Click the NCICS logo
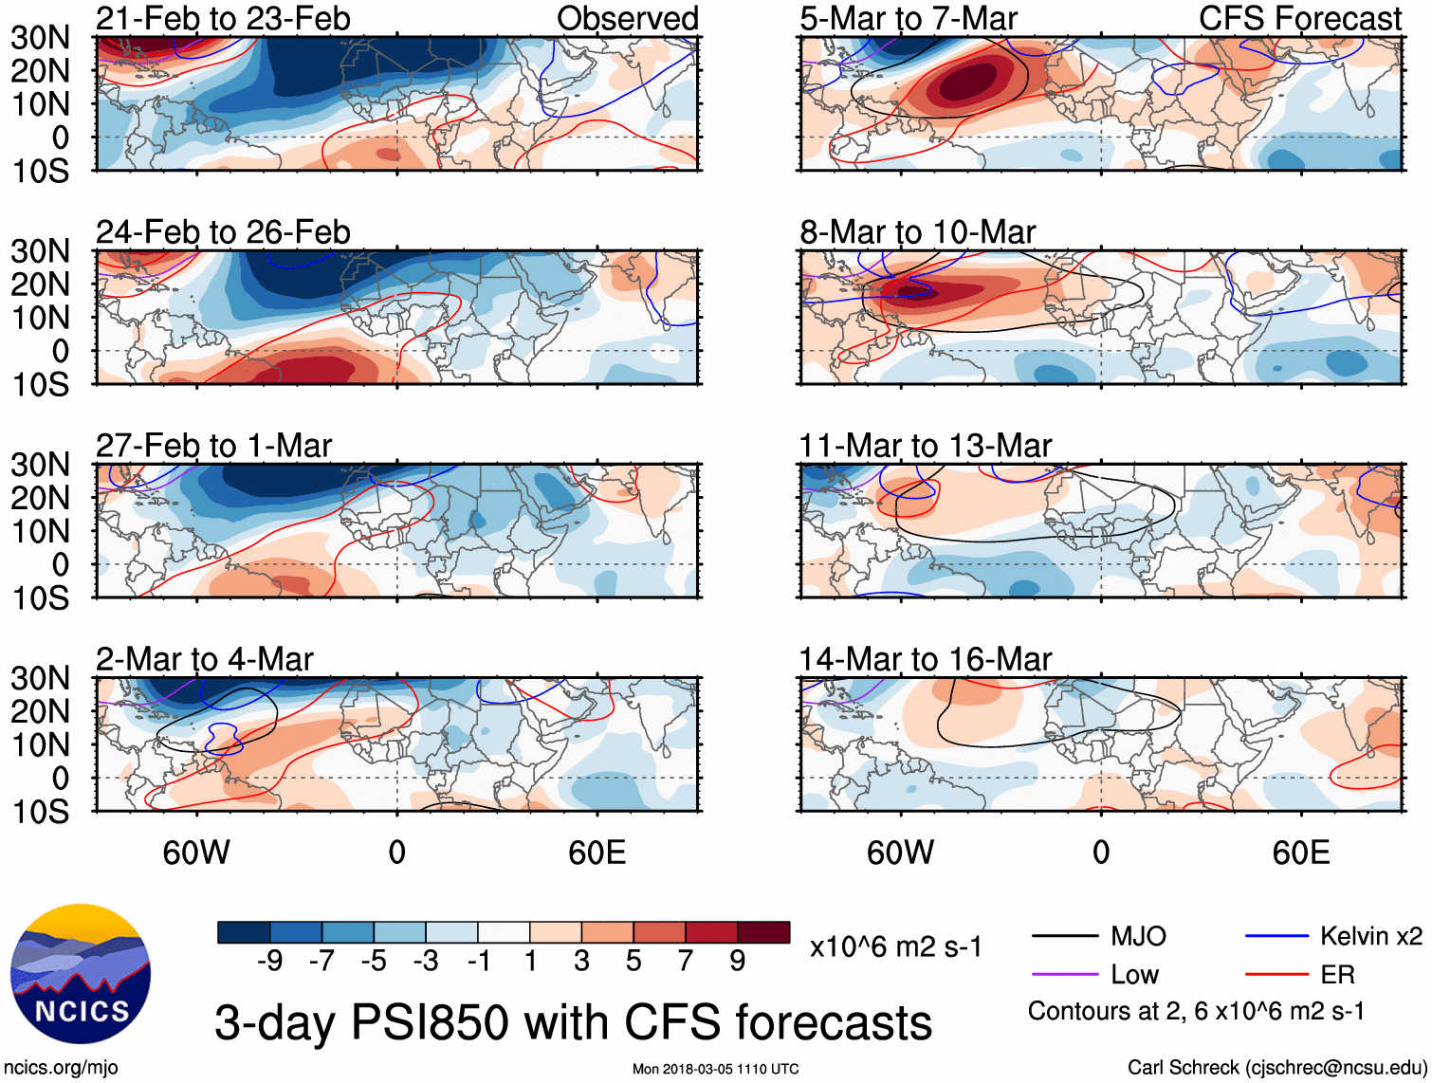point(81,974)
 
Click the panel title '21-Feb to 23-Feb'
point(223,18)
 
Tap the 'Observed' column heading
point(627,18)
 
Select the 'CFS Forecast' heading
point(1299,18)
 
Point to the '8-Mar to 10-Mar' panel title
point(917,232)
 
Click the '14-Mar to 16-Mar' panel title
point(926,659)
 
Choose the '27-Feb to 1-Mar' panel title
point(213,446)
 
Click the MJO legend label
point(1138,937)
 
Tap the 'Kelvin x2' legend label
point(1370,937)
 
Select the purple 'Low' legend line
point(1065,974)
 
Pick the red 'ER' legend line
point(1276,974)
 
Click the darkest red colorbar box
point(763,932)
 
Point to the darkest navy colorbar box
point(244,932)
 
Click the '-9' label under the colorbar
point(270,962)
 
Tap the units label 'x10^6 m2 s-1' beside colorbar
point(896,947)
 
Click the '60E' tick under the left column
point(597,853)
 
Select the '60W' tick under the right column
point(900,853)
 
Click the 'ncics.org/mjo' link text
point(61,1068)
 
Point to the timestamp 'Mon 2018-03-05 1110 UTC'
point(715,1070)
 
